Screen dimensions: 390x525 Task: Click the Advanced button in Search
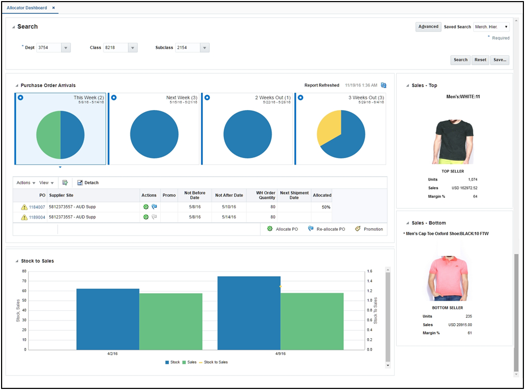428,27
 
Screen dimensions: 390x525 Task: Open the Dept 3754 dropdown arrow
66,48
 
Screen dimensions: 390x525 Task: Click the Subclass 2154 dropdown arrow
204,48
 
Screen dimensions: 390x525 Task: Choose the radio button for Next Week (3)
114,98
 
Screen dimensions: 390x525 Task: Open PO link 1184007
37,207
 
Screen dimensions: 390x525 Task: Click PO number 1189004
37,217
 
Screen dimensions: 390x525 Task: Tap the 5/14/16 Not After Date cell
229,217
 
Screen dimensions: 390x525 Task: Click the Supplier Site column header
61,195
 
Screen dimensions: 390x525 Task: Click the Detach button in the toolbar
88,183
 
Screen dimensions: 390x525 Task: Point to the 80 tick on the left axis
24,271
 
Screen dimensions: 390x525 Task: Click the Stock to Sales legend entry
215,362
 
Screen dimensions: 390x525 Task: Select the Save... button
499,60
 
